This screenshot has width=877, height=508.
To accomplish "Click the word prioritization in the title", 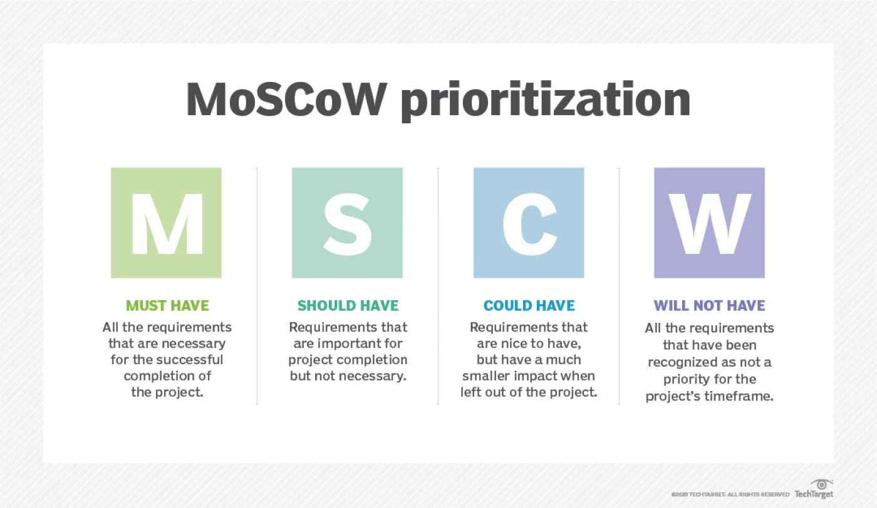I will pyautogui.click(x=545, y=100).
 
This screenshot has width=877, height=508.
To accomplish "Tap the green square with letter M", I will pyautogui.click(x=166, y=223).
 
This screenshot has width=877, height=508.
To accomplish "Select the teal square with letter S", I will pyautogui.click(x=347, y=223).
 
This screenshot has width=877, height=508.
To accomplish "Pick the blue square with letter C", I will pyautogui.click(x=529, y=223).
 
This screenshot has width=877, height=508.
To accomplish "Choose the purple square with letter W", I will pyautogui.click(x=709, y=223).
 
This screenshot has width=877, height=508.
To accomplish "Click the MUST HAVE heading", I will pyautogui.click(x=167, y=306).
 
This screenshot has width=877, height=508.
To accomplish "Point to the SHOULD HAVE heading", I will pyautogui.click(x=348, y=306).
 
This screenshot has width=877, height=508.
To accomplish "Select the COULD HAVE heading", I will pyautogui.click(x=529, y=306).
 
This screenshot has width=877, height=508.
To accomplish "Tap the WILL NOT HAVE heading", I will pyautogui.click(x=709, y=306).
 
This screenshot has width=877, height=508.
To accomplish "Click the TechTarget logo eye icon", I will pyautogui.click(x=820, y=484).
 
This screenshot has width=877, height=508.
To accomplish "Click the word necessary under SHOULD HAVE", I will pyautogui.click(x=372, y=376).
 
